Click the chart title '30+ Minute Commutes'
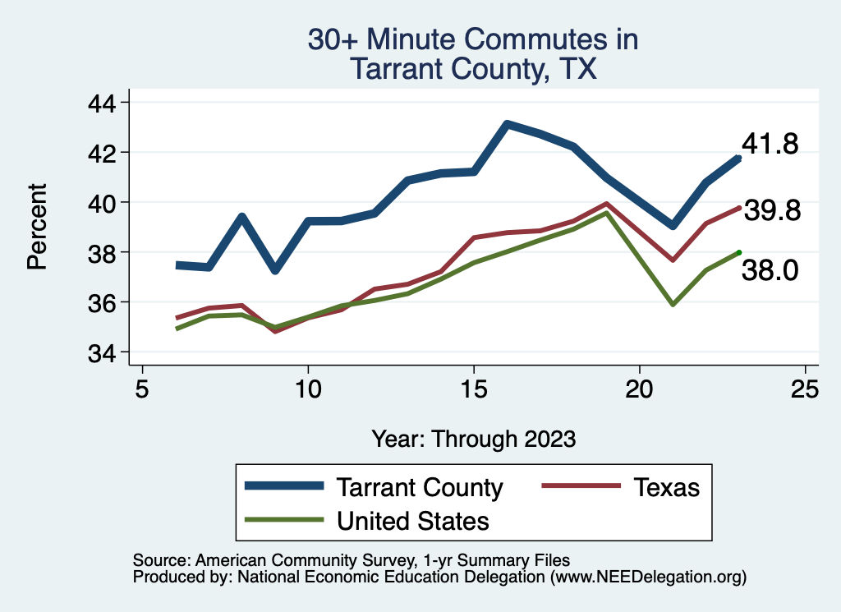click(472, 40)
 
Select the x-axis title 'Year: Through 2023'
click(473, 439)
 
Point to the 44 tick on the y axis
click(104, 103)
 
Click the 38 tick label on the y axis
click(104, 253)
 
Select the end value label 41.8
click(770, 145)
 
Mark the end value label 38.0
click(770, 270)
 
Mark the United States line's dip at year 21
click(673, 304)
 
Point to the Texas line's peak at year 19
click(606, 204)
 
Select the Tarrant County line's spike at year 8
click(241, 217)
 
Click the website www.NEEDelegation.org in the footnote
click(649, 577)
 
